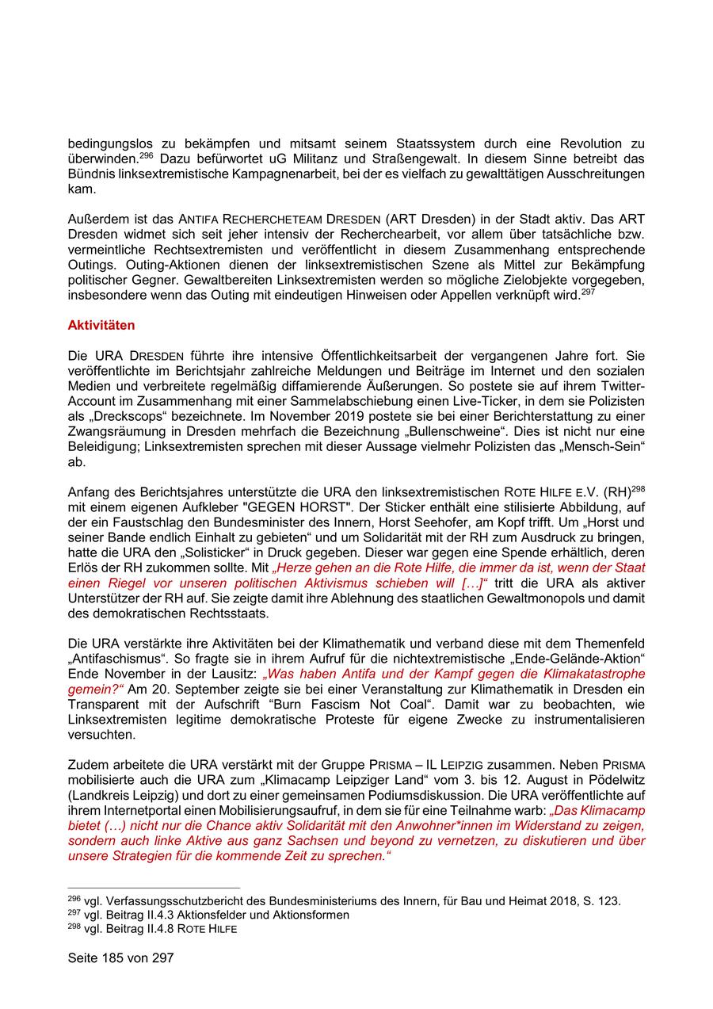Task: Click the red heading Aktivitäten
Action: click(x=101, y=326)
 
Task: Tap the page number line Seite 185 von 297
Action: click(x=120, y=958)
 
